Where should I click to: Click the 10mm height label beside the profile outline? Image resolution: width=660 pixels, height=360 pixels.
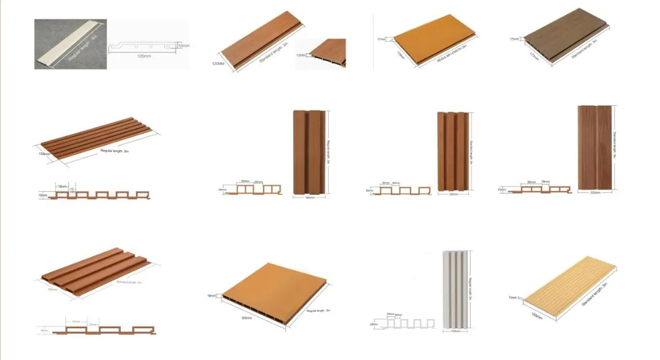point(184,45)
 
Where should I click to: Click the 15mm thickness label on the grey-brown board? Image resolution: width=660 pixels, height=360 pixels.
point(515,39)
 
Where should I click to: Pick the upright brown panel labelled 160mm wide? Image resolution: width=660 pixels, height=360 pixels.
point(309,153)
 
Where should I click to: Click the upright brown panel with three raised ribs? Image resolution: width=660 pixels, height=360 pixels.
point(453,151)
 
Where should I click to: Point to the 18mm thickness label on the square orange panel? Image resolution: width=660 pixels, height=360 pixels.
point(211,295)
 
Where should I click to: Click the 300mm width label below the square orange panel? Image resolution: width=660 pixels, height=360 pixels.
point(246,318)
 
